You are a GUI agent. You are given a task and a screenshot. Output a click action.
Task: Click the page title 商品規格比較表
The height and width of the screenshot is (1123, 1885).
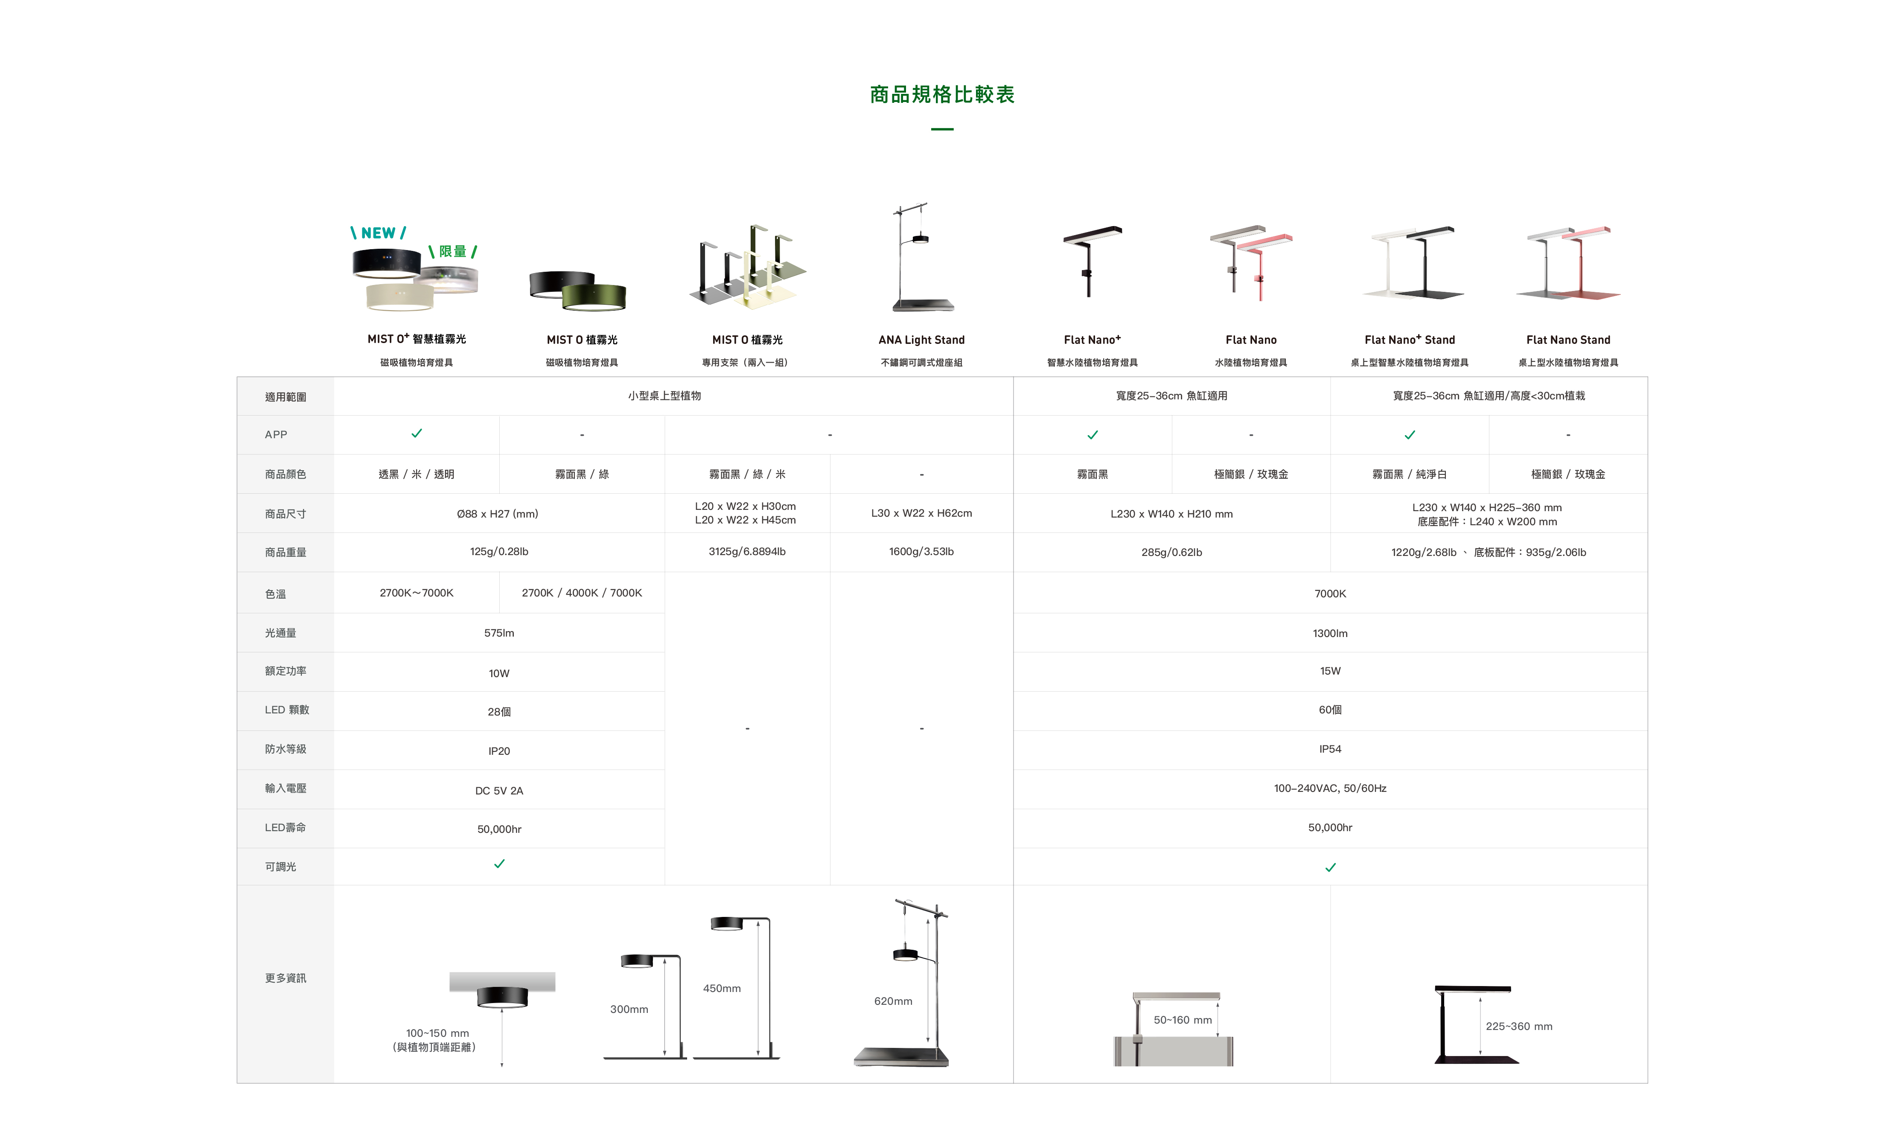coord(942,95)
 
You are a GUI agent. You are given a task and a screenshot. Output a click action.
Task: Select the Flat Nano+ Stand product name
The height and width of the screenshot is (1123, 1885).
coord(1409,340)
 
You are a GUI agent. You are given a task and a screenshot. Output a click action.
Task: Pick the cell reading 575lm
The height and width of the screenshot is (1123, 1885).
coord(499,633)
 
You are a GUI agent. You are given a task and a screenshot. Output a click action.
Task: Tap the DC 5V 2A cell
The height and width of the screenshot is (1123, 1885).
coord(499,791)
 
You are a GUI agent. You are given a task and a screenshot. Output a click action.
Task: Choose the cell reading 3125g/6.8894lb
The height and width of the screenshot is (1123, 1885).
coord(747,552)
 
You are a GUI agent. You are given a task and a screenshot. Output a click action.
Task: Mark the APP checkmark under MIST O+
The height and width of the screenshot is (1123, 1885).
coord(416,433)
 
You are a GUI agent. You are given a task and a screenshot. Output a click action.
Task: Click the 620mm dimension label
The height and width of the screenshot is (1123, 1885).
coord(893,1001)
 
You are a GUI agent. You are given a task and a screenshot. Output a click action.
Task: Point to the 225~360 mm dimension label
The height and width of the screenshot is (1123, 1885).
coord(1518,1027)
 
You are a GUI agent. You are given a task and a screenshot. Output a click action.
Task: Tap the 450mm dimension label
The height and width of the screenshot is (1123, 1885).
coord(721,988)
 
